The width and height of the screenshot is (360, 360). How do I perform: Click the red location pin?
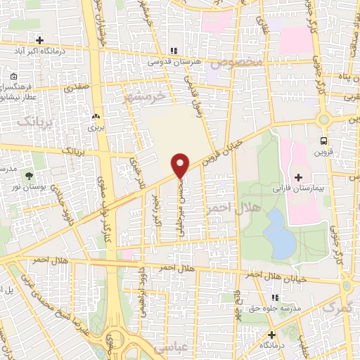tap(181, 165)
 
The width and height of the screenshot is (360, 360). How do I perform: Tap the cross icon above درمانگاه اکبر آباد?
tap(40, 40)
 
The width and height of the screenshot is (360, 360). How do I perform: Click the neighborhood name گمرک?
tap(335, 308)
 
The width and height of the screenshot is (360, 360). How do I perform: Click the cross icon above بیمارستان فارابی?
tap(298, 176)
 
